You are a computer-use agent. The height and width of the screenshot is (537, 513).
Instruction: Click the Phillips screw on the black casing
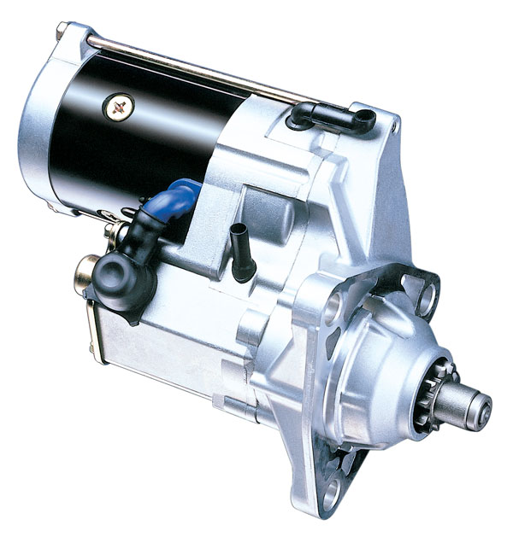click(x=118, y=107)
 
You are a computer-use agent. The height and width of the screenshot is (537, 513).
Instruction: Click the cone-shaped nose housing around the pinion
click(x=393, y=376)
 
